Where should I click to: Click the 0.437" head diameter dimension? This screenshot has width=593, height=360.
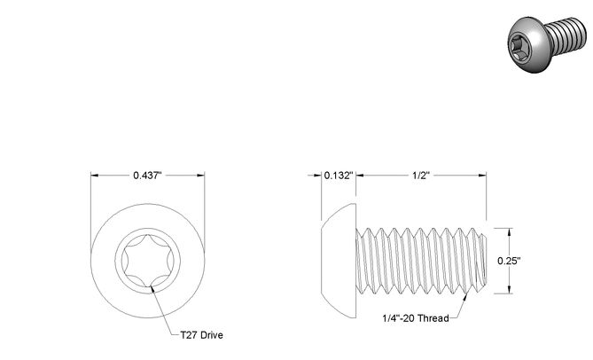(147, 176)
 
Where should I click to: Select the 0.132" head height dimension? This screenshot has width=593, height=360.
(339, 176)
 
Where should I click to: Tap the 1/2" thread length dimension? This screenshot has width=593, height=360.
(421, 176)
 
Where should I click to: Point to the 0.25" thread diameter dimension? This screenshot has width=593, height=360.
(509, 261)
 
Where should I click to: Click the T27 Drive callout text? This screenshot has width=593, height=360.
(201, 335)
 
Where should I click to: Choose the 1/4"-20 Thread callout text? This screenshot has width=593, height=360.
(416, 318)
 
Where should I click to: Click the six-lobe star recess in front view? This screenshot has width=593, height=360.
(148, 261)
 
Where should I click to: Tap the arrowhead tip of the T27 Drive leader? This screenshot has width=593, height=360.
(152, 286)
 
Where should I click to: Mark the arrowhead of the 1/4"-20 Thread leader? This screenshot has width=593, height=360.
(466, 294)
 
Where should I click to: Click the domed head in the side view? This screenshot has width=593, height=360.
(339, 261)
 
